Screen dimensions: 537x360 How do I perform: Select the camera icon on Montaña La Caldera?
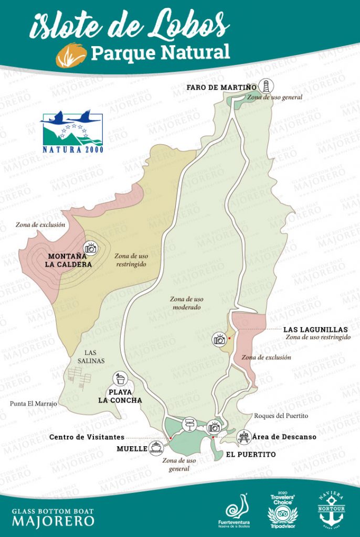click(91, 248)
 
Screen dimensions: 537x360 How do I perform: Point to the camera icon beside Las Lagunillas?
click(219, 339)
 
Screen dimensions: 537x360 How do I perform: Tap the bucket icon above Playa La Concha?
click(120, 379)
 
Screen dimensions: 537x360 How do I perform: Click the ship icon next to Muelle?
click(156, 447)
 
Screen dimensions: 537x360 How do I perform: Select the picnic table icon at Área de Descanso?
click(243, 436)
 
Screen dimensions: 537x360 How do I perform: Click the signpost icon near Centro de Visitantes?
click(188, 424)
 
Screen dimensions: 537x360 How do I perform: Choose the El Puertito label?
click(250, 454)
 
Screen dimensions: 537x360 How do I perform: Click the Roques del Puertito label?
click(281, 415)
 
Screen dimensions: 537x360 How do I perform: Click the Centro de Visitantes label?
click(87, 437)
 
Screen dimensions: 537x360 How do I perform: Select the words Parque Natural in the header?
click(160, 52)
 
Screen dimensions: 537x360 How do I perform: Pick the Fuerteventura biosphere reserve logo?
click(234, 510)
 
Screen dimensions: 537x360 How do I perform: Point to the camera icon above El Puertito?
click(214, 426)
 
